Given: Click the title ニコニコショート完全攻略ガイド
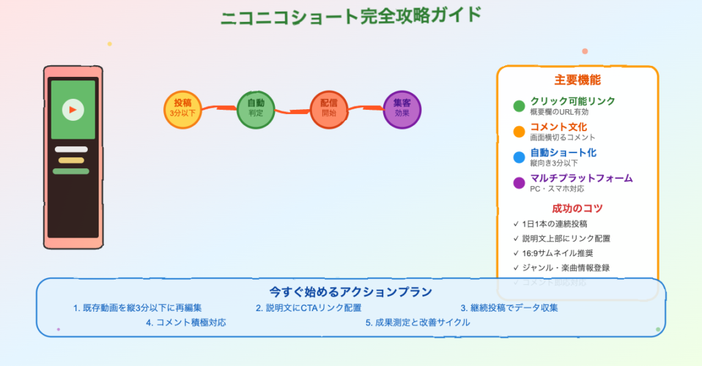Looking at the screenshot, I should point(350,15).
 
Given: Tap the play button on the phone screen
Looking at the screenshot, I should point(73,109).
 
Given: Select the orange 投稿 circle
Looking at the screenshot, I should point(183,109).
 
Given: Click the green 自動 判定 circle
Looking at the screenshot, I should point(256,109).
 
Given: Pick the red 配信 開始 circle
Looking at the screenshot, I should point(329,109).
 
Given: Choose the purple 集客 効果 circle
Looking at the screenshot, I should point(402,109).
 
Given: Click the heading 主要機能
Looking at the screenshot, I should point(577,80).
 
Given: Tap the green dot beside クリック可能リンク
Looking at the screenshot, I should point(519,106).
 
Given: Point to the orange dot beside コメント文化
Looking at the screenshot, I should point(519,131).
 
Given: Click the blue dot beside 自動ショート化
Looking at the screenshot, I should point(519,157).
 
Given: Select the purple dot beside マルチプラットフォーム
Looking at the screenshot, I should point(519,183).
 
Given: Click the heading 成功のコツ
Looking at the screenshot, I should point(577,208).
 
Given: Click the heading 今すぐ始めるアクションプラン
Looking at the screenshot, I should point(350,292).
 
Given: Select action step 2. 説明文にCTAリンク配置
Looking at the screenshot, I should point(308,308).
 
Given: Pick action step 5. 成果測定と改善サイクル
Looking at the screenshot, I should point(418,322).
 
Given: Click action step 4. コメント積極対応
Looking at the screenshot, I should point(186,322).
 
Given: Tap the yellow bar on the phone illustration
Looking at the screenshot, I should point(71,160).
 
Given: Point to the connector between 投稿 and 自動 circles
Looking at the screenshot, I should point(219,108).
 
